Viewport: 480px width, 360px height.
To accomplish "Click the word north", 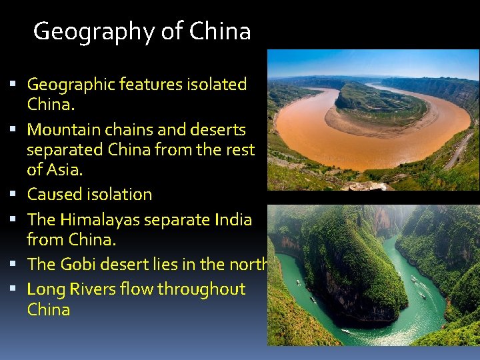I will pos(247,264).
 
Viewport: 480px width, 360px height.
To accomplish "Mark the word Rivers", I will pos(97,289).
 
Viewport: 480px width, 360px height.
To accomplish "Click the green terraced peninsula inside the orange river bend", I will pos(380,103).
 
